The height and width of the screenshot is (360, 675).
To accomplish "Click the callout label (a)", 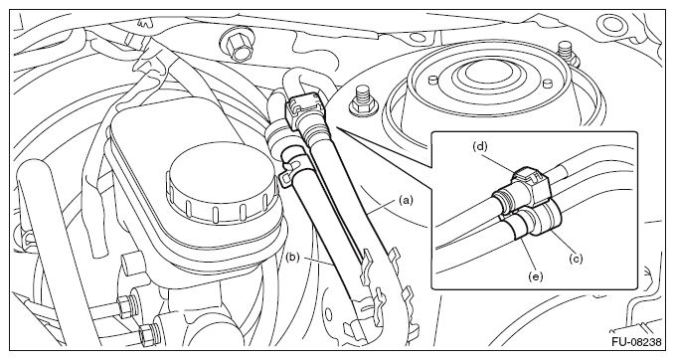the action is [406, 200].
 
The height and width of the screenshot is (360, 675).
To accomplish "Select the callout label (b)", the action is [292, 258].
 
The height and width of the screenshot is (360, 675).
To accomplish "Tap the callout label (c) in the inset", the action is [576, 259].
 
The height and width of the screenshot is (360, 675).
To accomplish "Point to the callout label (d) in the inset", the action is [480, 146].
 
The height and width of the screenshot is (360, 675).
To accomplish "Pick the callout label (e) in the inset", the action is [536, 276].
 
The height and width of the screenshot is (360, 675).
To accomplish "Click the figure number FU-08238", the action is [636, 342].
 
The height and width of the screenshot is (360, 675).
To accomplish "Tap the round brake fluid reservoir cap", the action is [222, 185].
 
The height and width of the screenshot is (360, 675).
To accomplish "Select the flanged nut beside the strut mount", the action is [362, 100].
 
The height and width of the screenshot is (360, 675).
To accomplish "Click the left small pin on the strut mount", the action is [434, 79].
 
